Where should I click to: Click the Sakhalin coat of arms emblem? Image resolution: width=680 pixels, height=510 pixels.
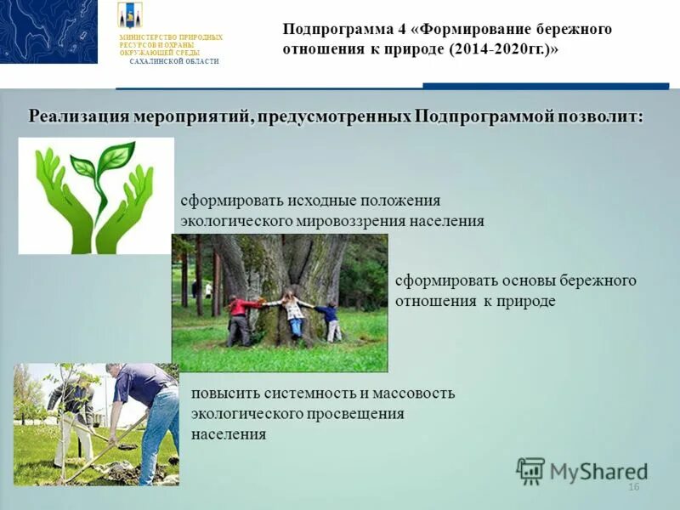(130, 15)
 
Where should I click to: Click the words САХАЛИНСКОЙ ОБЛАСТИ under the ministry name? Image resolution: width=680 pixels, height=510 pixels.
(174, 62)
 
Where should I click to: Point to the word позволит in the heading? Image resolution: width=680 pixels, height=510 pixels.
(598, 116)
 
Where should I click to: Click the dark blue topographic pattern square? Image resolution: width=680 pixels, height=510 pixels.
(48, 31)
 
